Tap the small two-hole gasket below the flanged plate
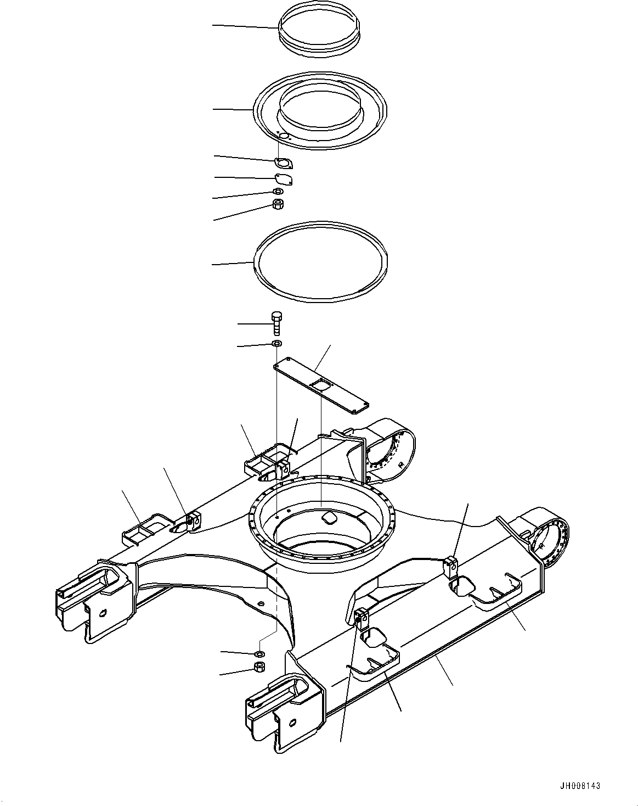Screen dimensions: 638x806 pos(283,163)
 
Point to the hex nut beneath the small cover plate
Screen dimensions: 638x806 pos(278,204)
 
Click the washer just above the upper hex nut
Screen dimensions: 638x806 pos(278,192)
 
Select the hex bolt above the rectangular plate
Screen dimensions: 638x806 pos(276,323)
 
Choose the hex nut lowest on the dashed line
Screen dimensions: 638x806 pos(259,667)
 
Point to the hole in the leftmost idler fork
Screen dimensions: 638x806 pos(103,613)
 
